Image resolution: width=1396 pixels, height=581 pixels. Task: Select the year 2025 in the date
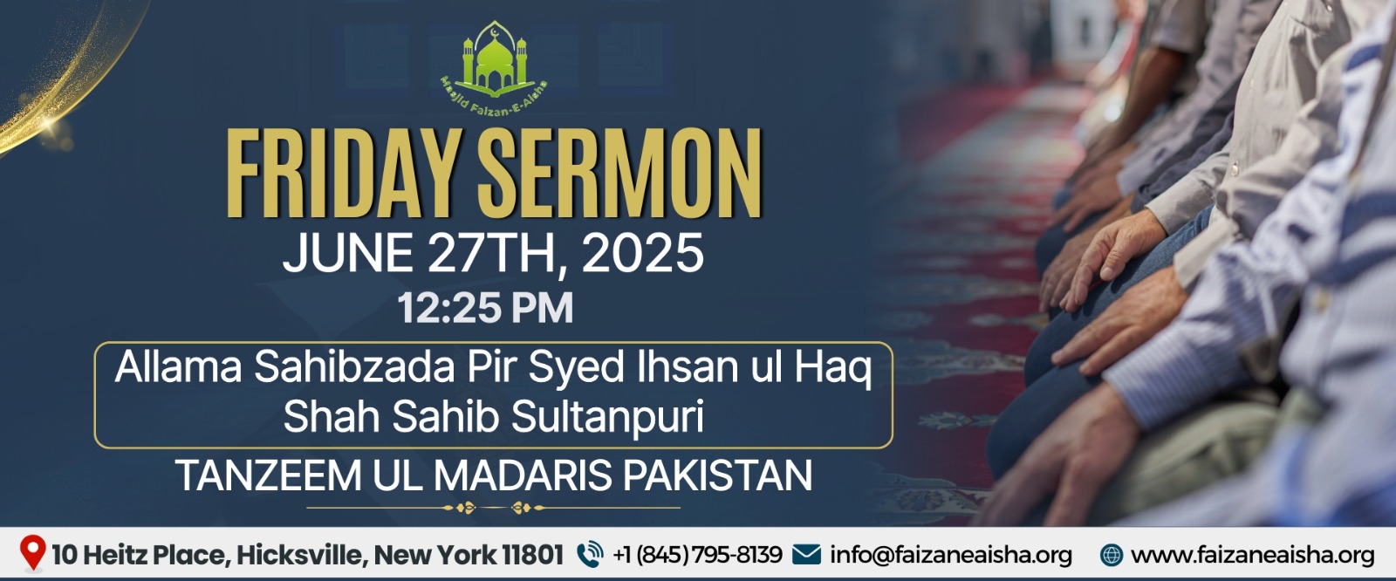pos(642,252)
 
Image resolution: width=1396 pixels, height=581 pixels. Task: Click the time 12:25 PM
pos(485,308)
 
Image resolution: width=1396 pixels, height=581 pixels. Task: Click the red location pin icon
pos(32,553)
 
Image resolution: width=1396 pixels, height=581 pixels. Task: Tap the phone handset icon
pos(590,555)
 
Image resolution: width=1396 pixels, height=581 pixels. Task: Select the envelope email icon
pos(806,554)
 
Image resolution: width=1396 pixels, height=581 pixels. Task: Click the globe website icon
pos(1112,555)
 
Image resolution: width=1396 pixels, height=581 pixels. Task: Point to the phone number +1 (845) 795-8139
pos(697,555)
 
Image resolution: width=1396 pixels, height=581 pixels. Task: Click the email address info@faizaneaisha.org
pos(951,555)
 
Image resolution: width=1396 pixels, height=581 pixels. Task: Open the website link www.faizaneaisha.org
pos(1253,555)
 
